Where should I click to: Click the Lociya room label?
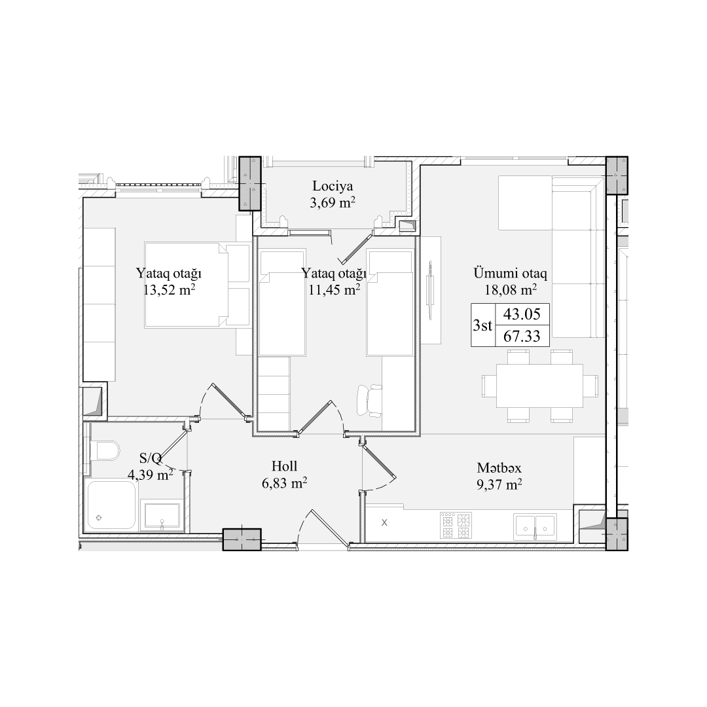coord(333,186)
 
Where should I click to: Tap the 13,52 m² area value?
coord(169,289)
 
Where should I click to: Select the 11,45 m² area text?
coord(334,289)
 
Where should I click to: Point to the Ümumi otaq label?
coord(510,273)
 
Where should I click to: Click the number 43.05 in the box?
coord(522,314)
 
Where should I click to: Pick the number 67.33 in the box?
coord(522,336)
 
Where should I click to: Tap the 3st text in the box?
coord(482,325)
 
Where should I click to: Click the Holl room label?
coord(285,466)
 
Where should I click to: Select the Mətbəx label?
coord(499,467)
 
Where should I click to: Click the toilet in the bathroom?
coord(105,450)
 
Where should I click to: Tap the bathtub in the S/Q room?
coord(111,505)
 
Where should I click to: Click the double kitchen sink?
coord(535,526)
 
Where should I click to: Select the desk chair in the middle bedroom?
coord(369,401)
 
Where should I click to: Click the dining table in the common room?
coord(539,386)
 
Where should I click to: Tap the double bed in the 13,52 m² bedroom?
coord(197,285)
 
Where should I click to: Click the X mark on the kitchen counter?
coord(384,522)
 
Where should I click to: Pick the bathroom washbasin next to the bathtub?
coord(162,515)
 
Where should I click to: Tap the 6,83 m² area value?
coord(285,483)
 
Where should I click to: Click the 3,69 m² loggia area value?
coord(333,203)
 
